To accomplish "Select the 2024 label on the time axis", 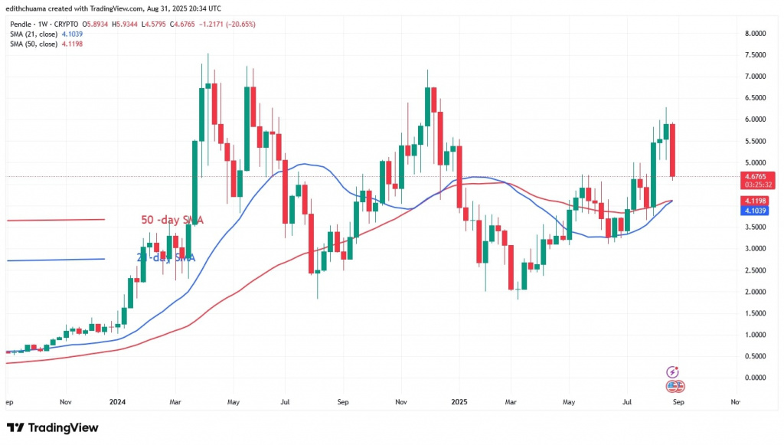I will tap(118, 401).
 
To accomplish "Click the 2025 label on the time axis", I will tap(459, 401).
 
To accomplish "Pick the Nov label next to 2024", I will tap(65, 401).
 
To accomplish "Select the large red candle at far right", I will tap(673, 150).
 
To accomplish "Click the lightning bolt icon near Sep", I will tap(674, 371).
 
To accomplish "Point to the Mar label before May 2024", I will tap(175, 401).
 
